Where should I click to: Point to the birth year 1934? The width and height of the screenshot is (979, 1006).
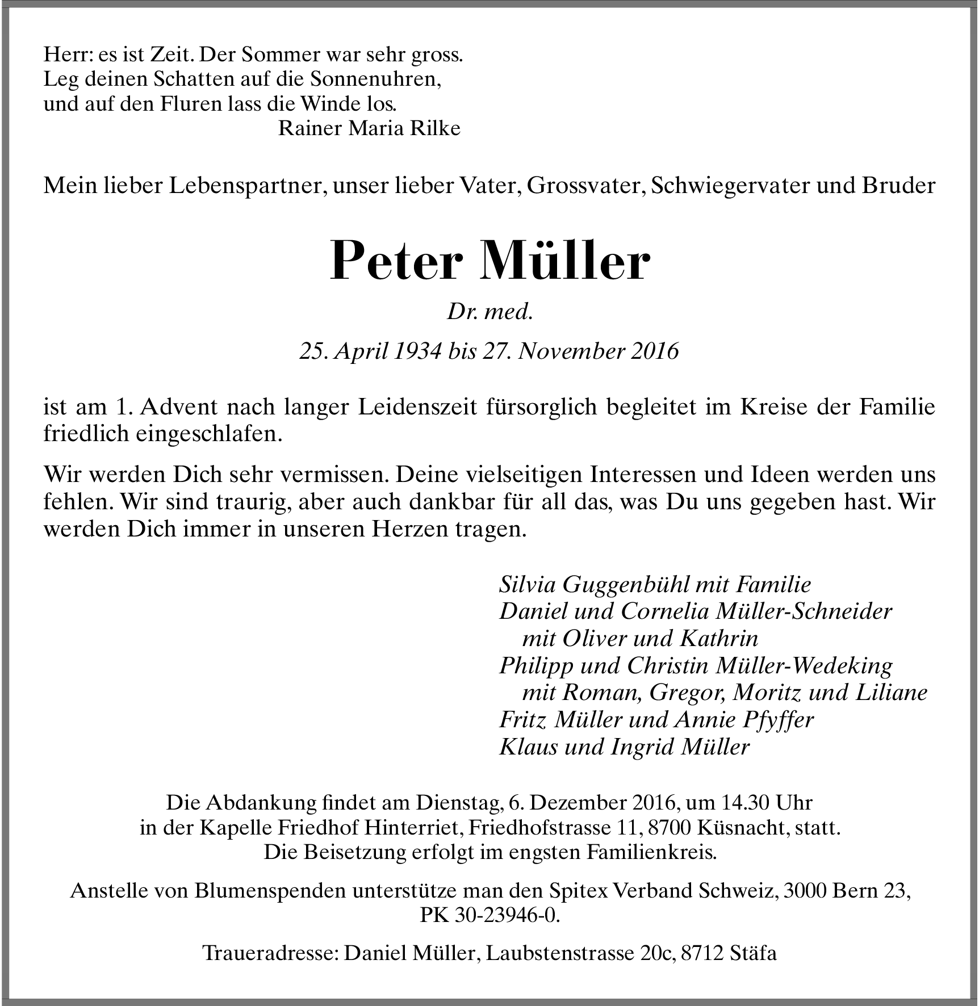click(413, 352)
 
